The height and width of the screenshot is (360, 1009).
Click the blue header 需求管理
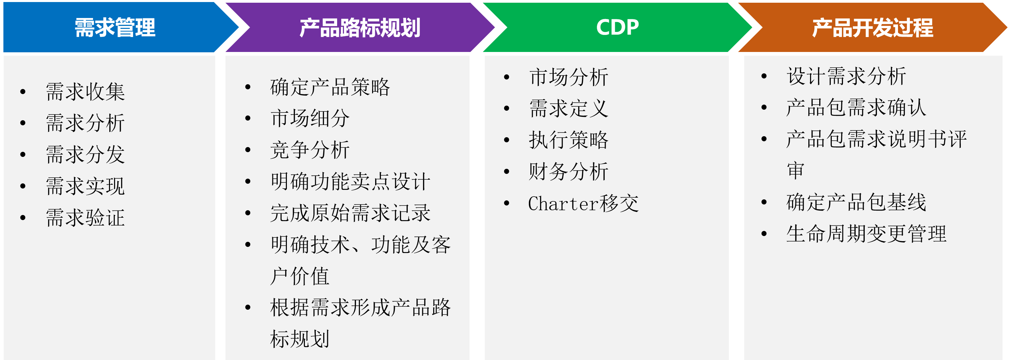(115, 28)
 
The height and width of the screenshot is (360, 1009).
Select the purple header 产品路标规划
(360, 28)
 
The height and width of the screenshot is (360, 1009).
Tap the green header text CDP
(617, 28)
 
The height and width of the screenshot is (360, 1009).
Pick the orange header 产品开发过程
(873, 28)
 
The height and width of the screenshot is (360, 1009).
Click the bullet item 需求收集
(86, 92)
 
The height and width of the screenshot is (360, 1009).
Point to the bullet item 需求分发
(86, 154)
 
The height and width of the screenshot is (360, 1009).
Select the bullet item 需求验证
(86, 218)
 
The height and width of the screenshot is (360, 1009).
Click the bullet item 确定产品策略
(330, 87)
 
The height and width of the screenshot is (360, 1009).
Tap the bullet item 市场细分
(310, 118)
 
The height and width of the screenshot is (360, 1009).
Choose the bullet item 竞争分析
(310, 150)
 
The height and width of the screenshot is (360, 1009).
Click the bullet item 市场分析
(569, 77)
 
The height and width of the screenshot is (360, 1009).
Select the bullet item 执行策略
(569, 140)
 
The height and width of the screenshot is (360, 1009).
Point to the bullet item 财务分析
(569, 172)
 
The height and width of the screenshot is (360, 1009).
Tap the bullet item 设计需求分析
(846, 76)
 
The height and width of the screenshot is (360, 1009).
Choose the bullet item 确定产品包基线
(856, 202)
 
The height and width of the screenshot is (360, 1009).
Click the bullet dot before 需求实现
(23, 186)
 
